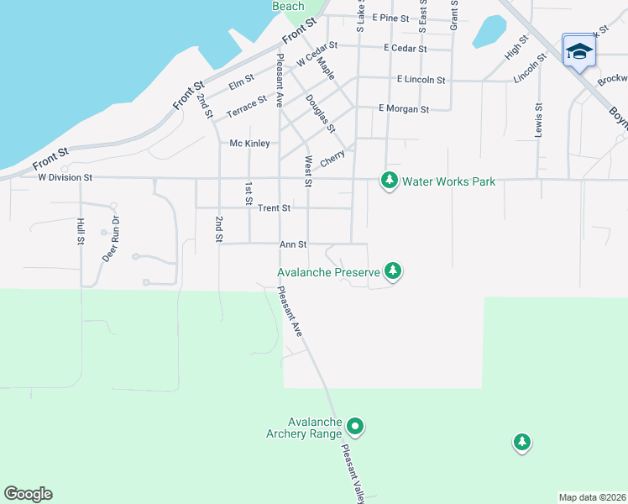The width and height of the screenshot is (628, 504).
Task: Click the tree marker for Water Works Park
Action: [389, 181]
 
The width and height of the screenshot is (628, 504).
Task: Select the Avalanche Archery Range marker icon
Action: [355, 427]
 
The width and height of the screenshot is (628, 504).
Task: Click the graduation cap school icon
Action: [578, 53]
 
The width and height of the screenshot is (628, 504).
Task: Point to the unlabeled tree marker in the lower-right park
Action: [522, 442]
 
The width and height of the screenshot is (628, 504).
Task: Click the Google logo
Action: [28, 494]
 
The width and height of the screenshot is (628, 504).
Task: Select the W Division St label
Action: [65, 178]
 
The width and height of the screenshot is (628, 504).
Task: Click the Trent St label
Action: [274, 207]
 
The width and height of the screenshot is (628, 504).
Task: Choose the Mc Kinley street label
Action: [249, 144]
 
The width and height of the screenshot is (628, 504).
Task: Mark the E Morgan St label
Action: [403, 108]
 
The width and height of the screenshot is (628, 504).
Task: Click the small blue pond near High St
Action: [489, 32]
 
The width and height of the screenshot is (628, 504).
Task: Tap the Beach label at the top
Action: [288, 6]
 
